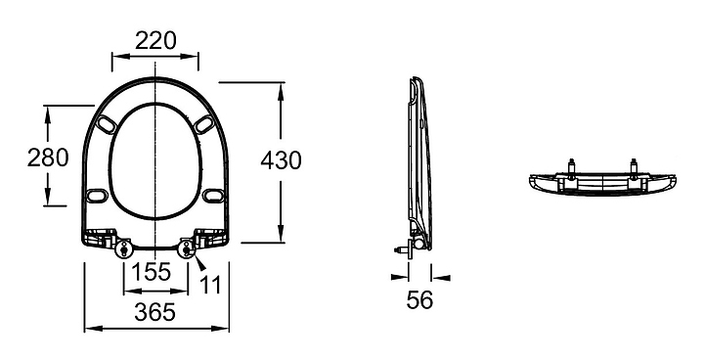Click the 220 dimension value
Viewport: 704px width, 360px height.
coord(155,41)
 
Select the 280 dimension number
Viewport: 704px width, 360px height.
coord(48,157)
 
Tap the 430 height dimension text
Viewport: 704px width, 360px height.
coord(281,160)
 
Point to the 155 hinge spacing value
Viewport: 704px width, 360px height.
coord(152,271)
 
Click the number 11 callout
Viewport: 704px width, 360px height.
coord(210,285)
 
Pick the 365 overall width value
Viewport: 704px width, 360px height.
coord(154,312)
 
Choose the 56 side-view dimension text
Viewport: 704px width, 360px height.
coord(419,299)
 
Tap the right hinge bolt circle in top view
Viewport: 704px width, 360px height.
coord(186,249)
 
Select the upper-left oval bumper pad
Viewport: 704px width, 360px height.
coord(107,124)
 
